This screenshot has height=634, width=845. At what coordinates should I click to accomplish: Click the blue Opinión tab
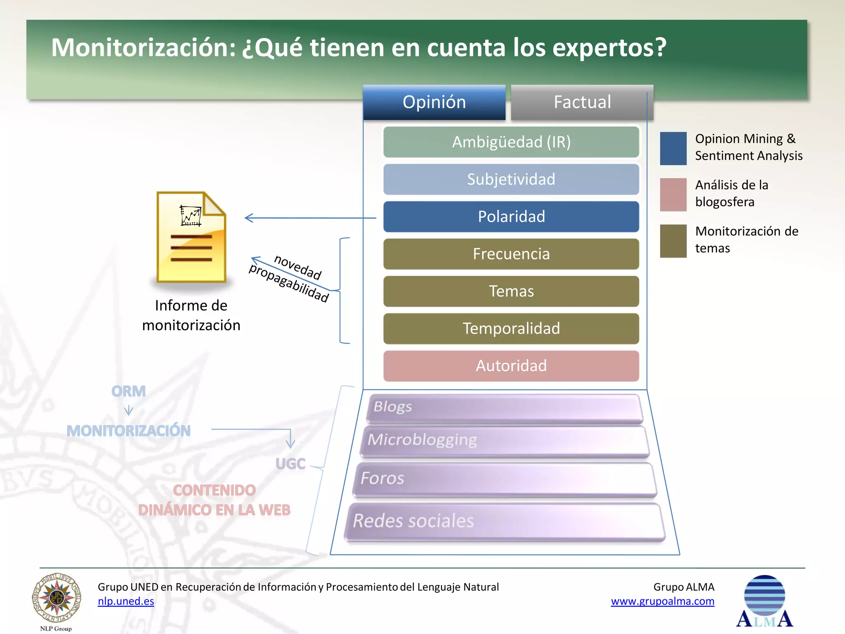[434, 102]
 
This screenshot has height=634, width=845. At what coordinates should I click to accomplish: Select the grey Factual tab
[582, 102]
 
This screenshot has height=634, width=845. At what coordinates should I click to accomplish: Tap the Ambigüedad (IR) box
[511, 142]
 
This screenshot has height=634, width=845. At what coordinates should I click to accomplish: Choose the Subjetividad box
[511, 180]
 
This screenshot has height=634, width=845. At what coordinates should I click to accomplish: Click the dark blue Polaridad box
[511, 217]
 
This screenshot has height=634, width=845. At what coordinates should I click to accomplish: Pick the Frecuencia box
[511, 254]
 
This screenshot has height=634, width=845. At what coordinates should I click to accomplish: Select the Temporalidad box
[511, 329]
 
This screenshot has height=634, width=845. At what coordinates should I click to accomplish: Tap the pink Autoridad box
[511, 366]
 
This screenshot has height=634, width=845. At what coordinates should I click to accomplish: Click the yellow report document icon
[191, 238]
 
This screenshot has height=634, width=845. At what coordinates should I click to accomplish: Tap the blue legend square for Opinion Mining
[673, 149]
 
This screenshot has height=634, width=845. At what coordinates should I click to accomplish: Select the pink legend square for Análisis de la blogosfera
[673, 195]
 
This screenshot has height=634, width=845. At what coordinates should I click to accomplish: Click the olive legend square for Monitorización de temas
[673, 241]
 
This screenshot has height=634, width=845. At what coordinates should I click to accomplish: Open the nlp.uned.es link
[126, 601]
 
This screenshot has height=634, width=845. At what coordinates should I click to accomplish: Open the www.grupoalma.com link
[662, 601]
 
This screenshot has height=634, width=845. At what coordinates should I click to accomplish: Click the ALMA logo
[764, 601]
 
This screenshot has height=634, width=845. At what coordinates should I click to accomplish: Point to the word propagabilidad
[289, 283]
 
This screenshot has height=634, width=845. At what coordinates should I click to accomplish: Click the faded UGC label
[290, 464]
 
